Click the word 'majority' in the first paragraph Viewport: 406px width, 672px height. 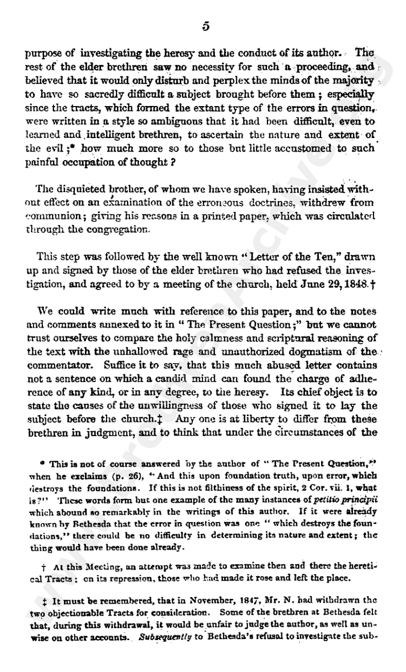352,81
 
